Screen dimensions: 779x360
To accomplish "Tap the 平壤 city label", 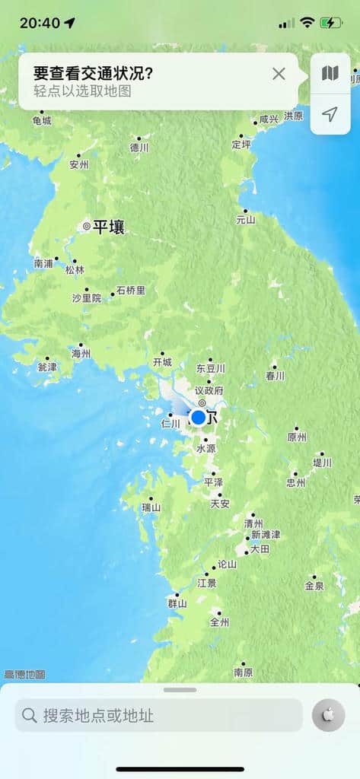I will [108, 227].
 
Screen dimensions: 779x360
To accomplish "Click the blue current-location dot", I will [199, 417].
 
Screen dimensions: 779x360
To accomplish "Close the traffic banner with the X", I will [279, 74].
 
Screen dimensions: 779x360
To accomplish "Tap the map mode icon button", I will [330, 73].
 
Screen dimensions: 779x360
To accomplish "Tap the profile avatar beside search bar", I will [328, 715].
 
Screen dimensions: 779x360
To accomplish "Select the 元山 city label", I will [245, 219].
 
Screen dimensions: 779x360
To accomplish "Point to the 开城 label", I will [162, 362].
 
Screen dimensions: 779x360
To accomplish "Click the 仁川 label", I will [171, 423].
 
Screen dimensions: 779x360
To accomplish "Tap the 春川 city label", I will [275, 375].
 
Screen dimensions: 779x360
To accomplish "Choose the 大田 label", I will [260, 548].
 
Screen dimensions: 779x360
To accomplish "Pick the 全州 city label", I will [219, 622].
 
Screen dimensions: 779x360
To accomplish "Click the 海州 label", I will [81, 353].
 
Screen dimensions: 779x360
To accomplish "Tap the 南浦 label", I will [44, 263].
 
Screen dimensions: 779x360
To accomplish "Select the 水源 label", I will [206, 449].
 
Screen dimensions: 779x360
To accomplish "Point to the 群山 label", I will [177, 603].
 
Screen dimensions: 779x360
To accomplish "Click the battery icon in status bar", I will [331, 23].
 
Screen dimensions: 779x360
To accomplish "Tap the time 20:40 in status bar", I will [40, 23].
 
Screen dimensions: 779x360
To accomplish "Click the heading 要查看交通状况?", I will [93, 73].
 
